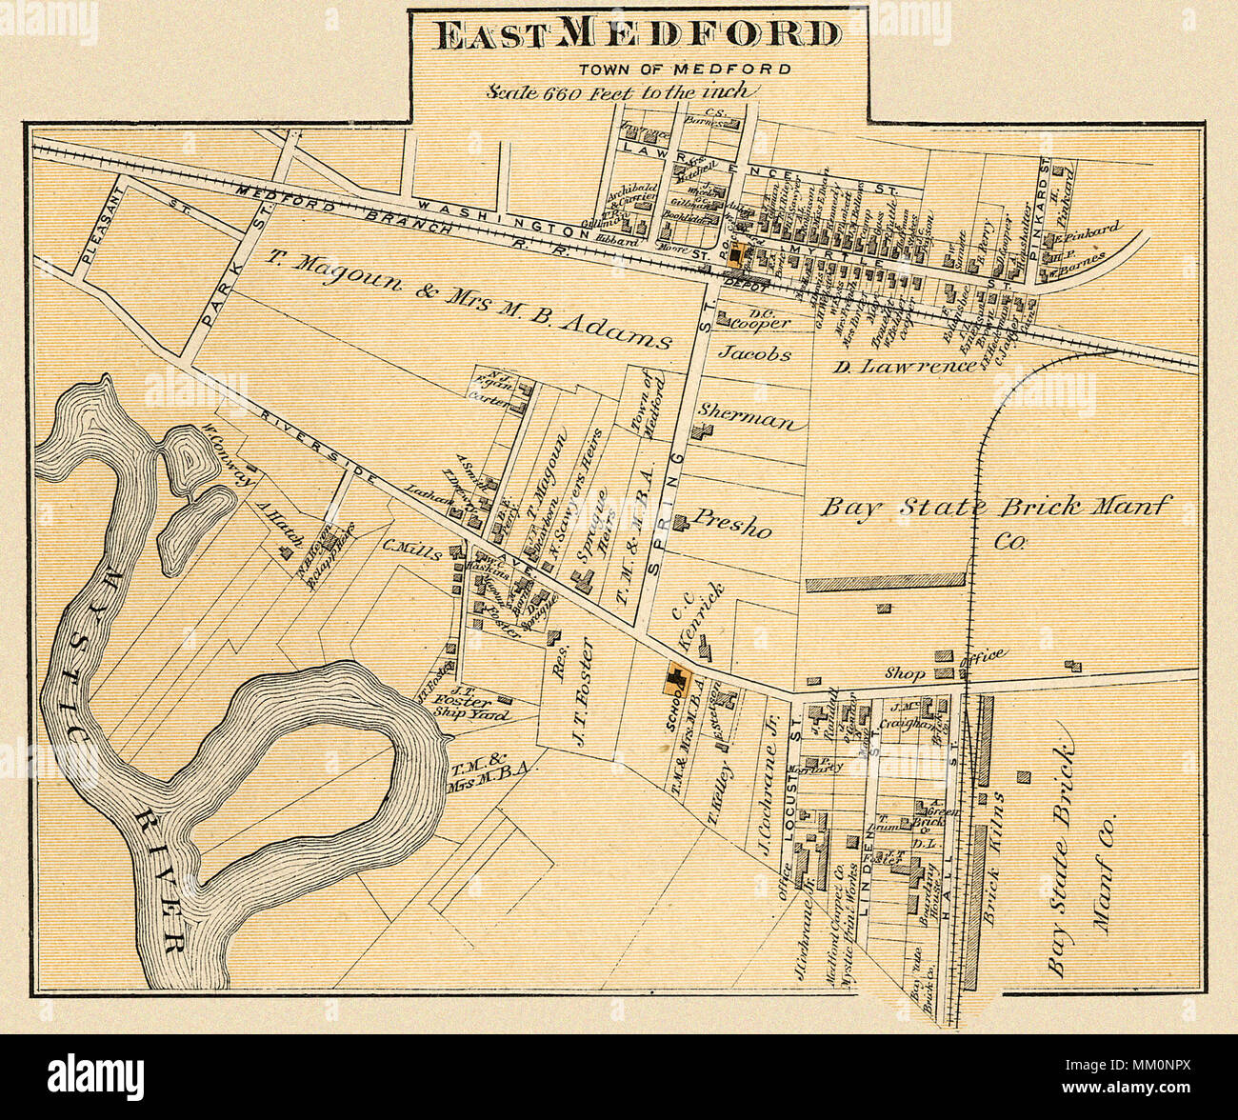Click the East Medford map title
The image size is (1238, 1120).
click(x=637, y=34)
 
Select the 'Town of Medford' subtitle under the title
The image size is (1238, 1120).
click(x=685, y=69)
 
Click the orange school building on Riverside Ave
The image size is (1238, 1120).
click(x=676, y=680)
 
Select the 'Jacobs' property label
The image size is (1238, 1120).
click(x=754, y=353)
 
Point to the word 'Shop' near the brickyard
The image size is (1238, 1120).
click(x=905, y=673)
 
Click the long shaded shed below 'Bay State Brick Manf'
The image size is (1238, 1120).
click(x=886, y=580)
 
